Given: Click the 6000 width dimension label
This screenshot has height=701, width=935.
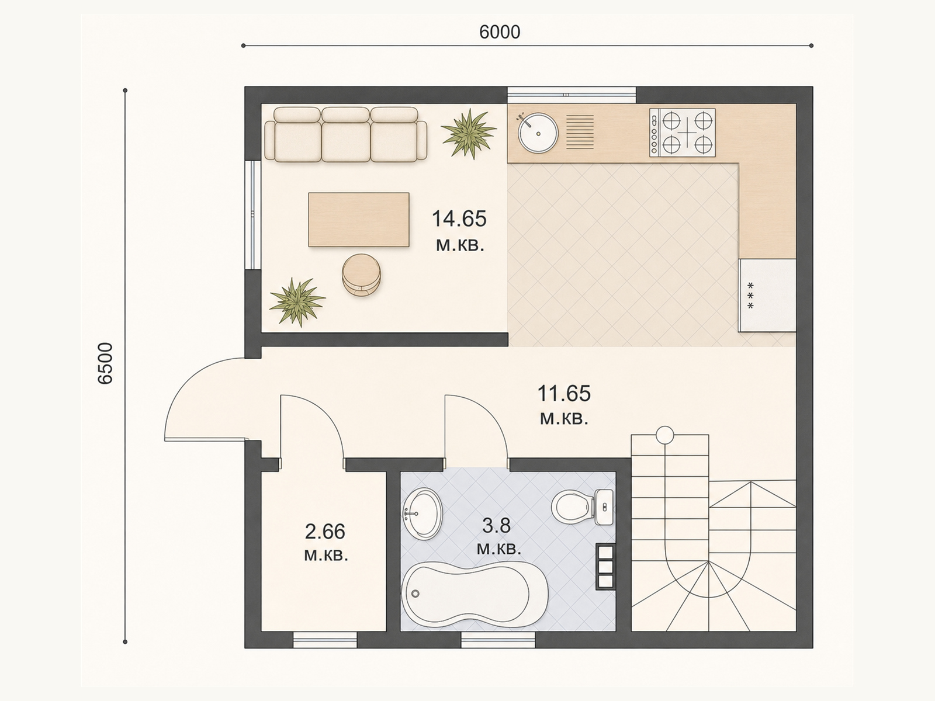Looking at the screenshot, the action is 500,32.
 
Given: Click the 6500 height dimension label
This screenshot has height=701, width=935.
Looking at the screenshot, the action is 105,364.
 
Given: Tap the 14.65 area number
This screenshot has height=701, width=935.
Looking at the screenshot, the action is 459,218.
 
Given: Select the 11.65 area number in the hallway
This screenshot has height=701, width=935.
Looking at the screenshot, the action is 564,393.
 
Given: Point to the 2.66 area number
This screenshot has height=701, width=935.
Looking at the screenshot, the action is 325,532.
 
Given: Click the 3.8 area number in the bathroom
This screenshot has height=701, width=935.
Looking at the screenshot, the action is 496,526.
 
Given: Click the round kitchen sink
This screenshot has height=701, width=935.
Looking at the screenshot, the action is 538,133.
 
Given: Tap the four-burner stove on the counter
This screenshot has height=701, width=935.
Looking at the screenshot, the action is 683,133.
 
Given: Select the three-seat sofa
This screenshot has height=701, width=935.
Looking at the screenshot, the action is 345,134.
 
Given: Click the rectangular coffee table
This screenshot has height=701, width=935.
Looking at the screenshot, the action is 359,220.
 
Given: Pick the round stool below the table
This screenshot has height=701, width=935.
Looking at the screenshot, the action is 361,275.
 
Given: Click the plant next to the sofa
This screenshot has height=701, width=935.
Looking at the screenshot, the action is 469,133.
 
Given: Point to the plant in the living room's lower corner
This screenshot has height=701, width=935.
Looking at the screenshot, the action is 297,302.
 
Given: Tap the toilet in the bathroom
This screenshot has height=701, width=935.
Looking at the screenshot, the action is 583,507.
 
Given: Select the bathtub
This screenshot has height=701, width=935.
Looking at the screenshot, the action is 475,595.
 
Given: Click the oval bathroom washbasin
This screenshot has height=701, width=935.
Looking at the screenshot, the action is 422,514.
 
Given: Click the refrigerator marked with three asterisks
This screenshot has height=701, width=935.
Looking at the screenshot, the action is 767,295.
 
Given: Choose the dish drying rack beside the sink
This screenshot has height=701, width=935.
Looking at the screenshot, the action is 580,132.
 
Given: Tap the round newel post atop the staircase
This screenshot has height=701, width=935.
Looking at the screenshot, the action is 665,435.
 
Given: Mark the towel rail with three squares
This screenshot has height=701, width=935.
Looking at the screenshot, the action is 605,567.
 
